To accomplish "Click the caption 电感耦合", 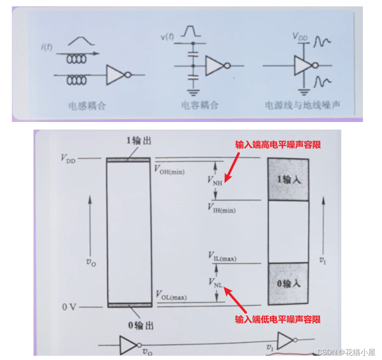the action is pos(87,106).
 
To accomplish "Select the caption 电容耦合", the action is pos(200,105).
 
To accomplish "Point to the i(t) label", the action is pos(47,47).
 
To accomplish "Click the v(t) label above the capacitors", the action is pos(167,36).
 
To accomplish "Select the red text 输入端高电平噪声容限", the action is pos(278,144).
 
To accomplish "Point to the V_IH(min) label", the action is pos(221,208).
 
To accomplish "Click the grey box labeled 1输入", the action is pos(288,180).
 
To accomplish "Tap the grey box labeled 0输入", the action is pos(288,283).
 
